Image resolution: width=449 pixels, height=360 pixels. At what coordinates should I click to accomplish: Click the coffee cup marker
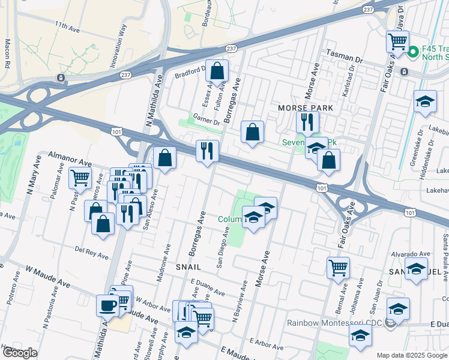coord(108,305)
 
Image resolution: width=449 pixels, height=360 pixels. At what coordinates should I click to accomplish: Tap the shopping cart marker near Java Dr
coord(397,41)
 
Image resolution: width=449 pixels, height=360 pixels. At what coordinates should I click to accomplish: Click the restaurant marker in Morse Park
coord(307,122)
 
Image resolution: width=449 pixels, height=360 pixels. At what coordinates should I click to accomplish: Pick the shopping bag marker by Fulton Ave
coord(217,71)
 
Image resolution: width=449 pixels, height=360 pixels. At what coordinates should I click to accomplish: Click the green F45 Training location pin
coord(412,53)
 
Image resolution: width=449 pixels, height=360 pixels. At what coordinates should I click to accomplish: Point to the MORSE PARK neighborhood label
coord(306,107)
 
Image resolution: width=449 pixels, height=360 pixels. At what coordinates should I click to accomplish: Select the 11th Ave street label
coord(67,27)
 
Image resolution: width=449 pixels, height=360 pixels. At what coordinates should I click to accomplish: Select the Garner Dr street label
coord(206,117)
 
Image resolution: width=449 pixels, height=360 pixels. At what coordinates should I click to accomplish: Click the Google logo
coord(20,353)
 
